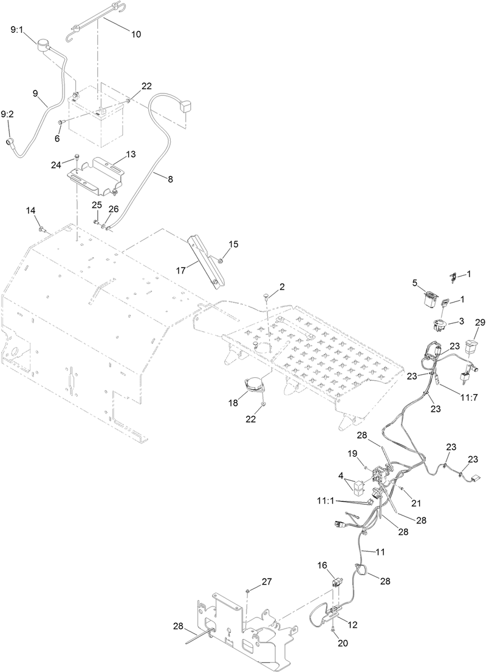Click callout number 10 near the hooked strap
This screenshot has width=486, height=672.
[135, 35]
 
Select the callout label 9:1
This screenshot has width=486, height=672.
[18, 29]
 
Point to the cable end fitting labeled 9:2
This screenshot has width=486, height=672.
[10, 141]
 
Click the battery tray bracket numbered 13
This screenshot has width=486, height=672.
[96, 173]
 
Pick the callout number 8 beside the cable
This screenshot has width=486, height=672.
[170, 179]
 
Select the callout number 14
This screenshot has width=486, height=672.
[30, 210]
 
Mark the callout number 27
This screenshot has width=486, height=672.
[267, 582]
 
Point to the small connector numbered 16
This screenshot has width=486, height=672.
[337, 583]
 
